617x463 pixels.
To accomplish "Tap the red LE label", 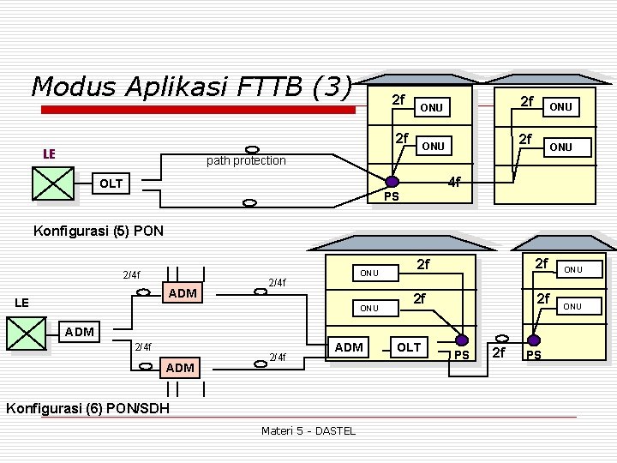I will point(50,153).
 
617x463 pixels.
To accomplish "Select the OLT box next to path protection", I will point(111,183).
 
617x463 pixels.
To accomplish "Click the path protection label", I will point(246,160).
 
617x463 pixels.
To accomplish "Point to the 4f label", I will point(455,182).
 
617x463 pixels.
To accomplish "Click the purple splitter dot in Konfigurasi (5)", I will point(392,181).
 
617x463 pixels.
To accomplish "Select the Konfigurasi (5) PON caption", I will point(97,230).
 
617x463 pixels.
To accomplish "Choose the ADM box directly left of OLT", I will point(349,346).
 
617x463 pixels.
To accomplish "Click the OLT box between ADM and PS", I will point(409,346).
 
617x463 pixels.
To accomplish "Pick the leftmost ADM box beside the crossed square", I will point(84,331).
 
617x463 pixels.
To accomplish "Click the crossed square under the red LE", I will point(53,183).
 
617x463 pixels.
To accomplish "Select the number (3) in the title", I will point(332,87).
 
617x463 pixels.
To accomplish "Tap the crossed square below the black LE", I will point(27,333).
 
